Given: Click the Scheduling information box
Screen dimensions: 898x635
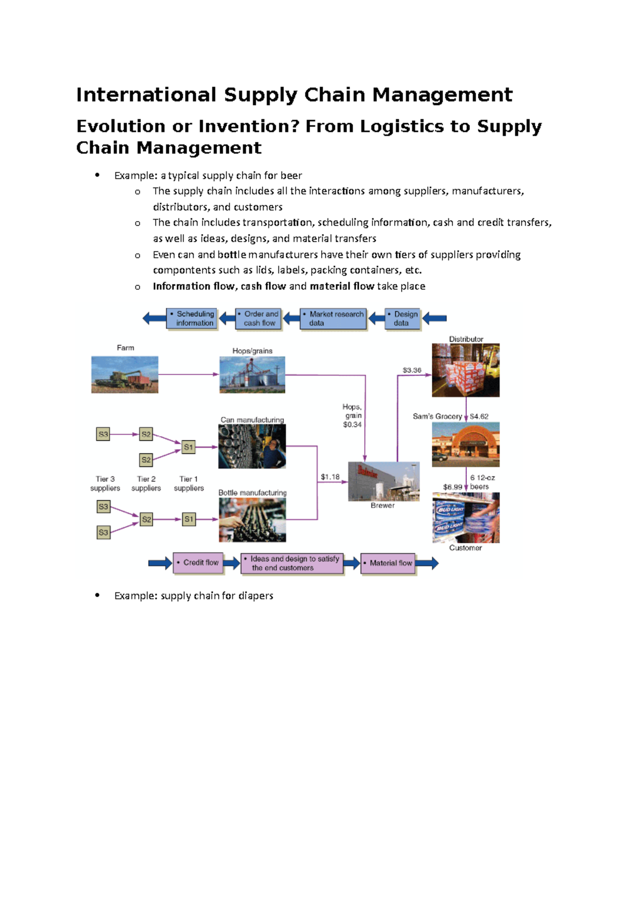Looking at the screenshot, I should (x=192, y=318).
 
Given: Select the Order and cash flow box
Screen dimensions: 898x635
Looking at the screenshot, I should (x=259, y=318).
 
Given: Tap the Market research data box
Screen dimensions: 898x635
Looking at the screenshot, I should (x=333, y=318).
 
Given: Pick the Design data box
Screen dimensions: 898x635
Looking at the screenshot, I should (x=403, y=318).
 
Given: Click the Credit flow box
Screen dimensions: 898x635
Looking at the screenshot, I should (x=198, y=563).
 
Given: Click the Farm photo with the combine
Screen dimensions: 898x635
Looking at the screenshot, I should (x=125, y=374).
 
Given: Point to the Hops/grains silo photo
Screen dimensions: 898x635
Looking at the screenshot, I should (x=252, y=374).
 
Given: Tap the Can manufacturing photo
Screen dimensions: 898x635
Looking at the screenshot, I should (x=252, y=446).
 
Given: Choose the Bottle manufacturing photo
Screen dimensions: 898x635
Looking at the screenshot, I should (x=252, y=520).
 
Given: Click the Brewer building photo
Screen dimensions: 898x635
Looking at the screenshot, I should (x=384, y=481).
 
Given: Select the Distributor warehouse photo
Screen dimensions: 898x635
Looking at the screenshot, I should (x=466, y=370).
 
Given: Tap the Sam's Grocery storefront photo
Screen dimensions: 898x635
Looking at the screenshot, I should (x=466, y=444).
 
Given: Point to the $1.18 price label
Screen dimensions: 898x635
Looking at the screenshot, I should (x=330, y=477).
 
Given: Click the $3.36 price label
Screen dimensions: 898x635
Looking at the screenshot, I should (x=412, y=370).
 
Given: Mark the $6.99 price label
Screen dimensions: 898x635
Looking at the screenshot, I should (x=452, y=487).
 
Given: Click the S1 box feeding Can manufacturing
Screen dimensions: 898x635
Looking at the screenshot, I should (x=188, y=447).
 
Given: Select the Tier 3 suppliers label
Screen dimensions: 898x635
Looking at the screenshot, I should (x=105, y=483).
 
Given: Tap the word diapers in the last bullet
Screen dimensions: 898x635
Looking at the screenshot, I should (x=256, y=596).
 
